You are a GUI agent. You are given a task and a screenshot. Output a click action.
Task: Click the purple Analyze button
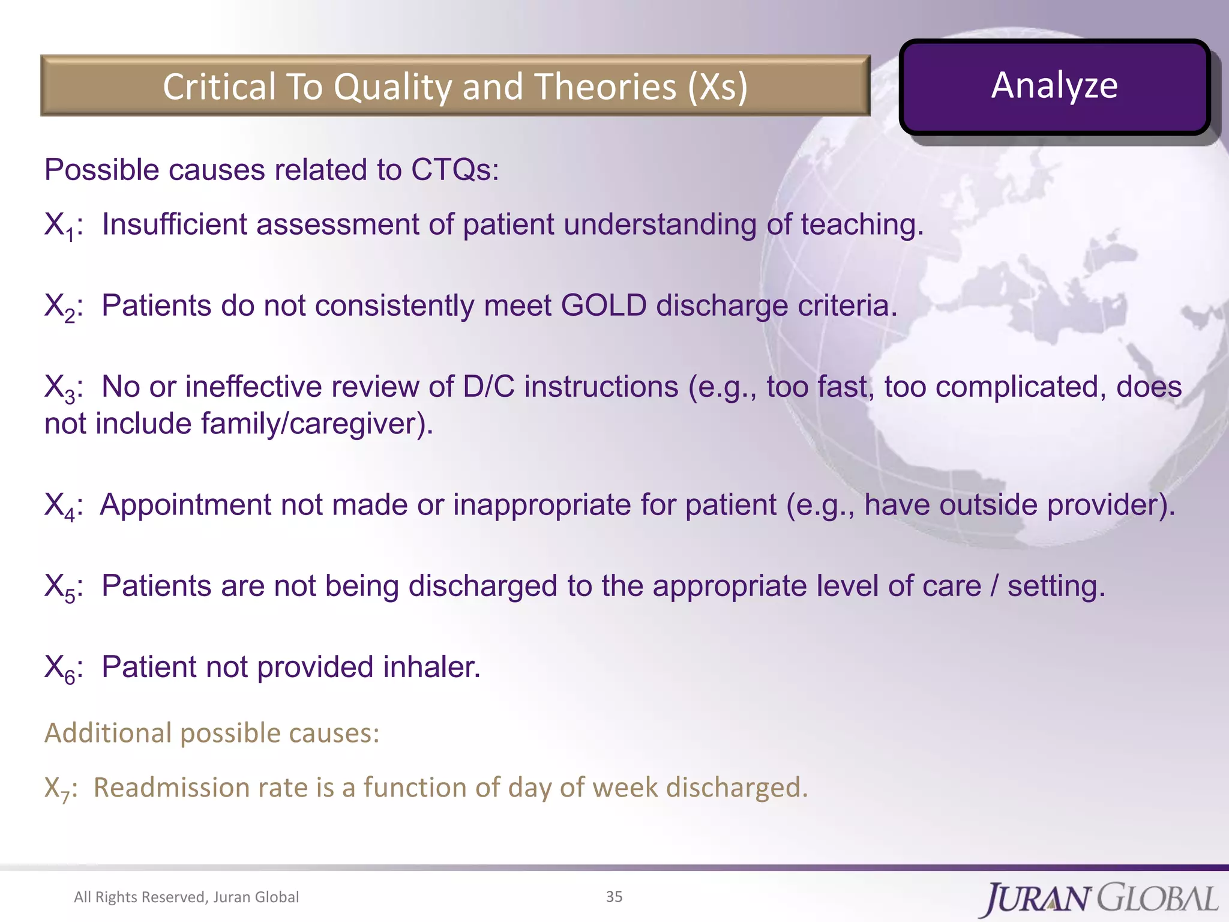pos(1054,86)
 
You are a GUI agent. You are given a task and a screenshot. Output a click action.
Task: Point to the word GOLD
pos(603,306)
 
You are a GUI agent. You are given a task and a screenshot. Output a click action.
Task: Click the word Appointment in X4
pos(185,505)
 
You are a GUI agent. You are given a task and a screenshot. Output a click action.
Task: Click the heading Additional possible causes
pos(212,733)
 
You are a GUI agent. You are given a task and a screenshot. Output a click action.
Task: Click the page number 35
pos(614,897)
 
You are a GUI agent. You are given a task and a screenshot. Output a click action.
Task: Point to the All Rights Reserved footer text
pos(186,897)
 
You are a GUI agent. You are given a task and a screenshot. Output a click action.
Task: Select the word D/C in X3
pos(488,387)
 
